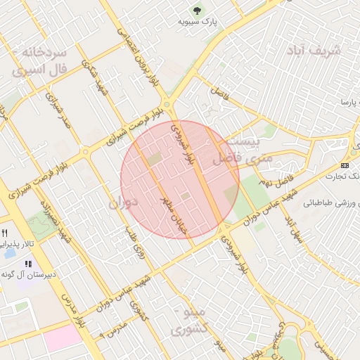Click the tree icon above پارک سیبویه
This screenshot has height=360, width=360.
(x=198, y=11)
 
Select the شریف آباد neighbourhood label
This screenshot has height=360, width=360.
(x=314, y=51)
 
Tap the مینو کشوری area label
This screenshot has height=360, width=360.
(x=189, y=321)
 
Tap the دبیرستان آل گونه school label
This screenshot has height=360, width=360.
(x=28, y=274)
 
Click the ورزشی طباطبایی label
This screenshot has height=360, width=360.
(x=332, y=202)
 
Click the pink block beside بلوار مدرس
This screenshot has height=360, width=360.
(x=62, y=337)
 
